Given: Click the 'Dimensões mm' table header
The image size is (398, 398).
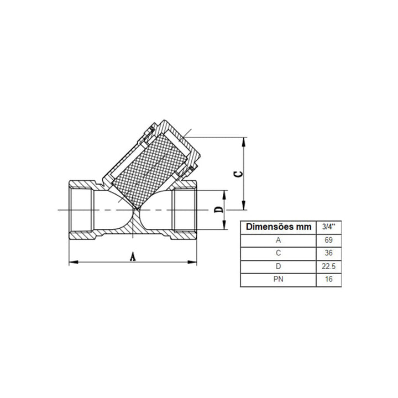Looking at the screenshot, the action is (279, 227).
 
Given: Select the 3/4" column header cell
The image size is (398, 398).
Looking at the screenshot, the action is (329, 227).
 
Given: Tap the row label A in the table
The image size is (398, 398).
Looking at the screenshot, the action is (279, 240).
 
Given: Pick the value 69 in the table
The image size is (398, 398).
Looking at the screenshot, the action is (328, 240).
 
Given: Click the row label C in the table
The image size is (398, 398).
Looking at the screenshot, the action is (279, 253).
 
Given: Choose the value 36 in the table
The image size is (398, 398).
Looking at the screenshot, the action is (328, 253).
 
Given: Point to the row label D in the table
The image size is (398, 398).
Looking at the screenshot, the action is (279, 266).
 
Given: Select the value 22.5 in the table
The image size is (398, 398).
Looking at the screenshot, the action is (329, 266).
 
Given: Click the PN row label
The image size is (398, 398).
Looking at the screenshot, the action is (279, 279).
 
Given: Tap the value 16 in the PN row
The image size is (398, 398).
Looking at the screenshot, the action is (328, 279).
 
